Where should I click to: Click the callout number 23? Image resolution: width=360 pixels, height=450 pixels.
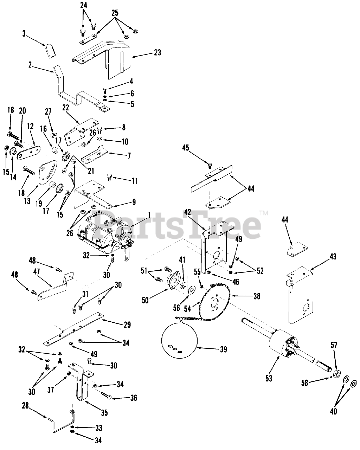click(157, 52)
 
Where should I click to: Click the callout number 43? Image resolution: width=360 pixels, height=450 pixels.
click(332, 257)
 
